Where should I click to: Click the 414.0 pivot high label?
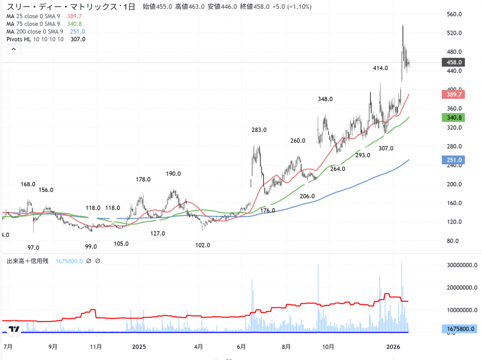pyautogui.click(x=380, y=68)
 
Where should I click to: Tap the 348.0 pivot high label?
pyautogui.click(x=325, y=99)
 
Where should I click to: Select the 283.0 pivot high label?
pyautogui.click(x=259, y=130)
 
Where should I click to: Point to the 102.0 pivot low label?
pyautogui.click(x=202, y=245)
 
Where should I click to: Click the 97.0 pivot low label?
pyautogui.click(x=33, y=248)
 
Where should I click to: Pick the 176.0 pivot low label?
pyautogui.click(x=267, y=210)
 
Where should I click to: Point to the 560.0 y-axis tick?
pyautogui.click(x=455, y=14)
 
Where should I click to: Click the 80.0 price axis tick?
pyautogui.click(x=453, y=241)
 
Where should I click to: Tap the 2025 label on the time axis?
pyautogui.click(x=139, y=347)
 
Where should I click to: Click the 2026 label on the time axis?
pyautogui.click(x=393, y=347)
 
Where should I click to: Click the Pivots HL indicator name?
pyautogui.click(x=19, y=39)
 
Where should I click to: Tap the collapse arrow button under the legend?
pyautogui.click(x=14, y=49)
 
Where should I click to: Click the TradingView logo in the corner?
pyautogui.click(x=14, y=329)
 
